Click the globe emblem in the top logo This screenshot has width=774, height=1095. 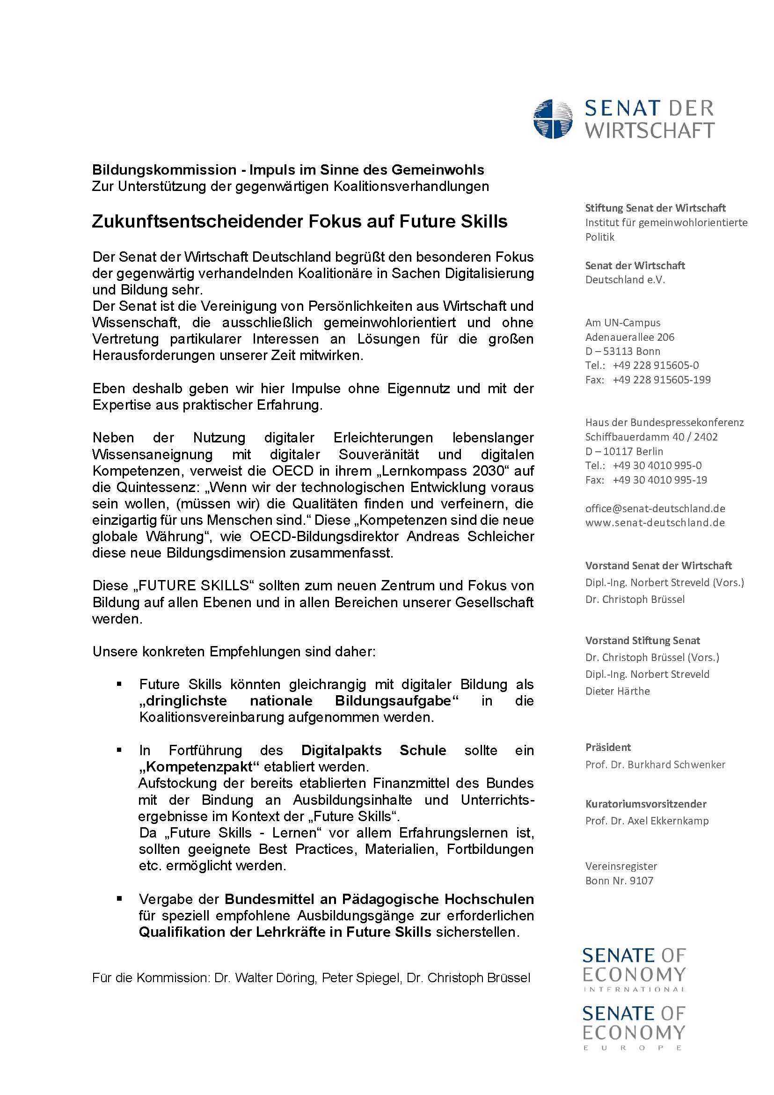coord(553,119)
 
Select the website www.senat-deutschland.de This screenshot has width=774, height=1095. coord(655,523)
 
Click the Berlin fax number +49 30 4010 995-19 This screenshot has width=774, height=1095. coord(660,480)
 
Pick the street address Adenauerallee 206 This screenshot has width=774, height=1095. coord(629,337)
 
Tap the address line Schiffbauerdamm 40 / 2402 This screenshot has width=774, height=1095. coord(651,437)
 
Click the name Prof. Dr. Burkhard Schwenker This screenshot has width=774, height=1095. coord(655,764)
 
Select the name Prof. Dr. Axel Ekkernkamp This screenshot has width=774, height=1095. coord(647,821)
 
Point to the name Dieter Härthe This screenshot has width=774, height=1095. coord(617,691)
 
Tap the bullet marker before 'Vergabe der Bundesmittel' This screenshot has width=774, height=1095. coord(119,898)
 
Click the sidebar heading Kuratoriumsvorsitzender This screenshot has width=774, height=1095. coord(646,804)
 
